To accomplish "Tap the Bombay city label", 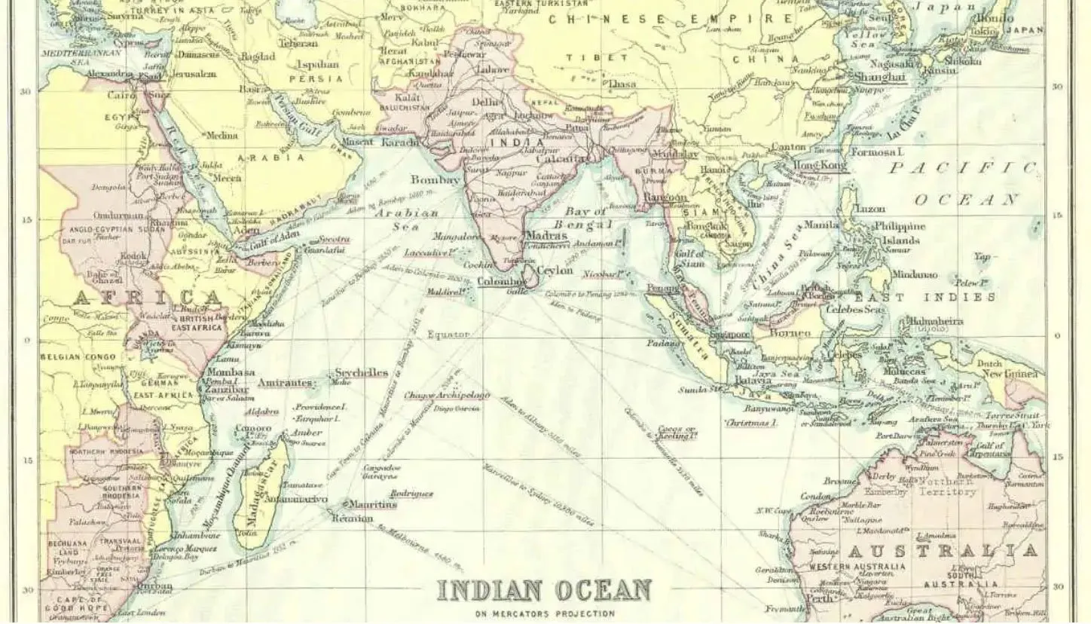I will tap(435, 180).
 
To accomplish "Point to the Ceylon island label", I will tap(555, 271).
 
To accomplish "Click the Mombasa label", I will tap(231, 372).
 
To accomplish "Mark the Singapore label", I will tap(730, 334).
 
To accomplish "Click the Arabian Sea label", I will tap(406, 221).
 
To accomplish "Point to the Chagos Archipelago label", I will tap(447, 395).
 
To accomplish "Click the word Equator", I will tap(448, 334).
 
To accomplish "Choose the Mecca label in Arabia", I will tap(226, 179).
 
